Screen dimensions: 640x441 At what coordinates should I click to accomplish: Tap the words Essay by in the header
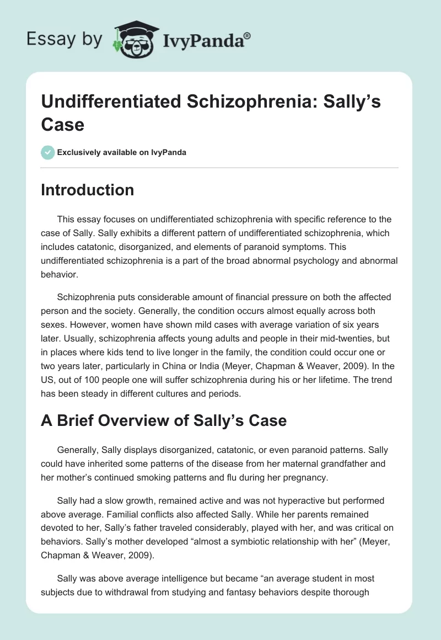pyautogui.click(x=64, y=40)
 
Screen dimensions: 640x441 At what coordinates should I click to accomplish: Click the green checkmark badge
pyautogui.click(x=47, y=152)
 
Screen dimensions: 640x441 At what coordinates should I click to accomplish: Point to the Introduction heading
pyautogui.click(x=88, y=190)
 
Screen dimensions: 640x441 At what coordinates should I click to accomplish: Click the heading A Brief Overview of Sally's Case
pyautogui.click(x=164, y=420)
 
